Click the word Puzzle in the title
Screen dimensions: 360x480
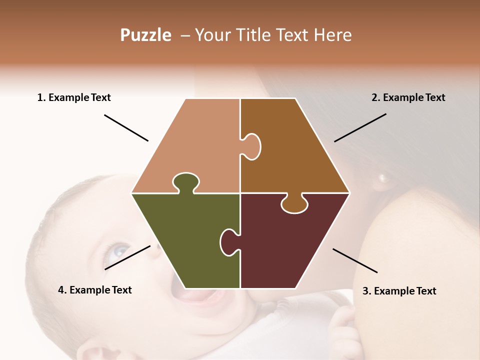pos(145,35)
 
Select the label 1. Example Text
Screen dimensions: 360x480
pos(74,97)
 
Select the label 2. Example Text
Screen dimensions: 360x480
pos(408,97)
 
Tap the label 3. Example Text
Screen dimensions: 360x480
pos(399,291)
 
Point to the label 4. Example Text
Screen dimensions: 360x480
pos(95,290)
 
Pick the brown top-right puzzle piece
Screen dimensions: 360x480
pos(290,145)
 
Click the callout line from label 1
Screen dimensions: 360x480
pos(126,128)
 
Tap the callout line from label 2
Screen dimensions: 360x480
pos(360,127)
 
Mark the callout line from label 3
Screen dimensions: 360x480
pos(355,260)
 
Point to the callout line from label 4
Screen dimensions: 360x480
pos(127,257)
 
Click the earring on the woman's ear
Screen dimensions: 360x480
pos(384,177)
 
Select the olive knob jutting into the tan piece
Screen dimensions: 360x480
pos(185,181)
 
